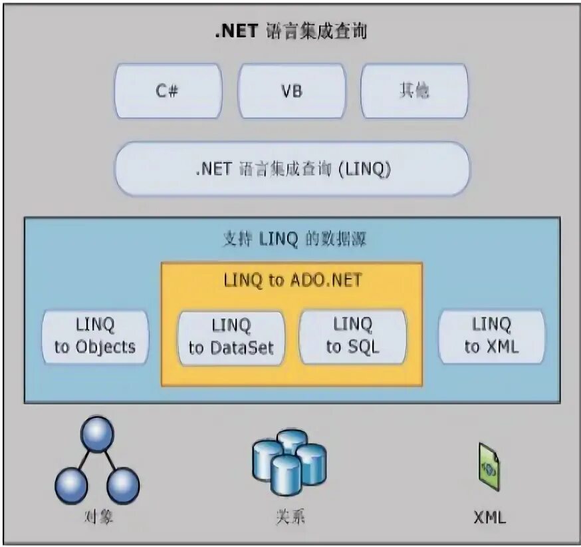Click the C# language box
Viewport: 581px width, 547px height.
tap(168, 91)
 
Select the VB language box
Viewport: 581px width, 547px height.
tap(291, 91)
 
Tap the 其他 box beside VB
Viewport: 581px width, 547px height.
tap(414, 91)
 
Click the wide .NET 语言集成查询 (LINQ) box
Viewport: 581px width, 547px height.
tap(292, 169)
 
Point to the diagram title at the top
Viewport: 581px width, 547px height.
tap(291, 31)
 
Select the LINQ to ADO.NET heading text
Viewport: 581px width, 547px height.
tap(292, 280)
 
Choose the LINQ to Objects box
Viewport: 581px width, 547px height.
tap(95, 336)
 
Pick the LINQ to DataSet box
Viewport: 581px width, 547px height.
tap(231, 337)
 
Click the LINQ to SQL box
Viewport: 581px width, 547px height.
tap(352, 336)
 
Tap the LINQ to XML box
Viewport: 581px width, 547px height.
tap(491, 336)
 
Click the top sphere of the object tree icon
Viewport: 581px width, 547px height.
tap(98, 435)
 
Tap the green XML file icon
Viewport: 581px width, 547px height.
tap(490, 466)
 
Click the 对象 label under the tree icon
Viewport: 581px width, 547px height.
tap(98, 517)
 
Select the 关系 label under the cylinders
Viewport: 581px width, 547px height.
tap(290, 517)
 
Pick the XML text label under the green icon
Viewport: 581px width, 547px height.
tap(490, 517)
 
